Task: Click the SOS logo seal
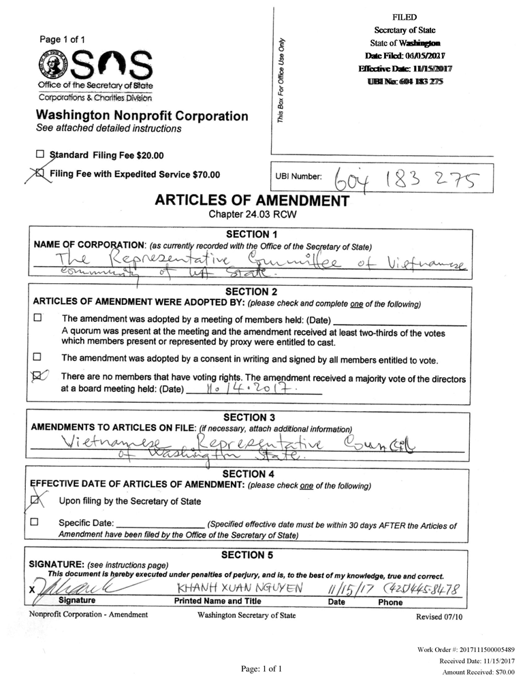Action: [52, 66]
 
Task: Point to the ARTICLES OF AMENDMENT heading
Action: [252, 201]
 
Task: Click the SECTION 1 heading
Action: [251, 234]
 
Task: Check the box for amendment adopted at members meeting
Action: [37, 318]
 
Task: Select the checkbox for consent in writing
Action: [37, 357]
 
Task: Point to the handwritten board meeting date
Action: [249, 391]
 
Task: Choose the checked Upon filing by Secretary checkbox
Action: [36, 501]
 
